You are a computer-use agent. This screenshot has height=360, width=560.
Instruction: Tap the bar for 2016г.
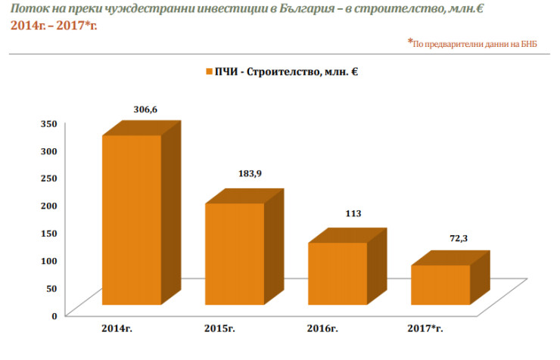[338, 273]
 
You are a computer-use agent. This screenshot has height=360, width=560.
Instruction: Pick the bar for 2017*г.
[440, 284]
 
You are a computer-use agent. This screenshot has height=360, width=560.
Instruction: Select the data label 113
[353, 213]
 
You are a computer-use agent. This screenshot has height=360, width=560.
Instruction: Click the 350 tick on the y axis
[48, 123]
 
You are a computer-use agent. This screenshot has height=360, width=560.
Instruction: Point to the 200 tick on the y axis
[48, 205]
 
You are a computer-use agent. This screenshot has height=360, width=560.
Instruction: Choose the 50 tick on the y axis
[51, 287]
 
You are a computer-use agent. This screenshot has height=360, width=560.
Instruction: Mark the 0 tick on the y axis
[54, 315]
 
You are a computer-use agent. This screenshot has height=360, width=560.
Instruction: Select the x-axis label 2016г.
[322, 330]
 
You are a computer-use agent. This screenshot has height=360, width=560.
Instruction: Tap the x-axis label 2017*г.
[426, 330]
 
